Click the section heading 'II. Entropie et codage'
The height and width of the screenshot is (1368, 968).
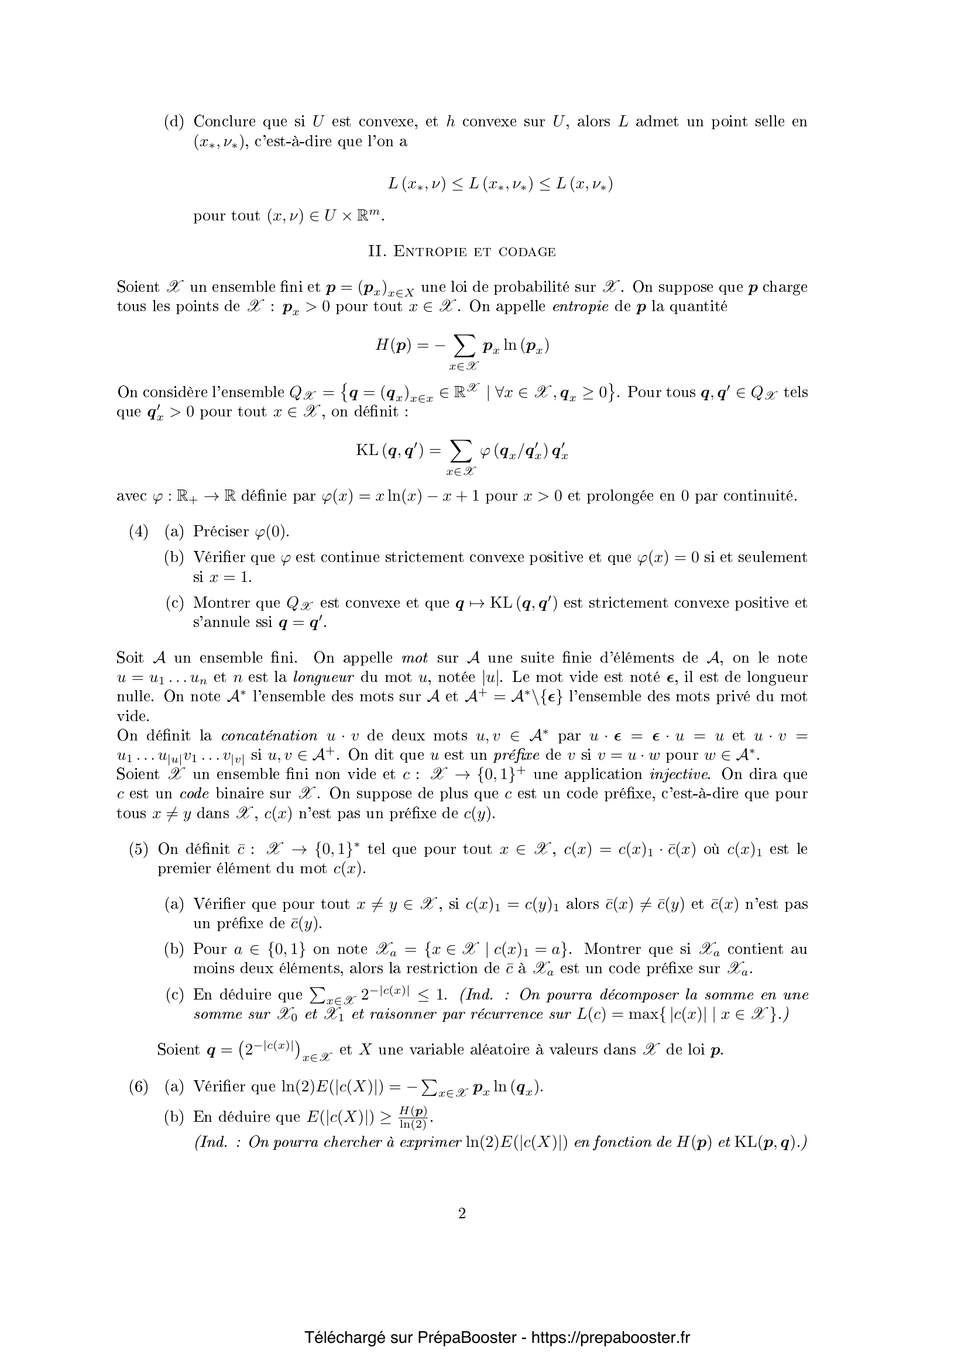coord(462,251)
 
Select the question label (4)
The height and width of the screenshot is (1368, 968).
coord(138,532)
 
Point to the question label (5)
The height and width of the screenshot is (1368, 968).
coord(138,849)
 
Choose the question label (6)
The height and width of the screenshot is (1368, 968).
coord(138,1086)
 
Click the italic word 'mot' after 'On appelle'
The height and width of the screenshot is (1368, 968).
coord(414,658)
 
